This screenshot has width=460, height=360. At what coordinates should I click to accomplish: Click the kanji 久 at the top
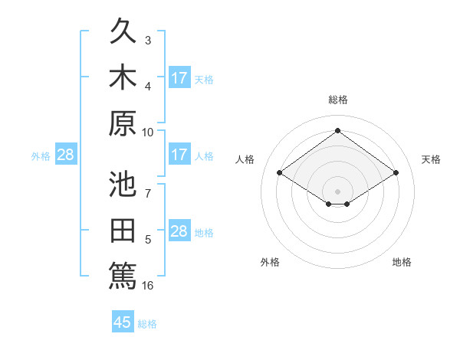click(x=123, y=31)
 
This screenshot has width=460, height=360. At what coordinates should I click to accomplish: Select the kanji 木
click(x=123, y=77)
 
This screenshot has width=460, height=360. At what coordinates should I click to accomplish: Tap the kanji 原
click(x=123, y=123)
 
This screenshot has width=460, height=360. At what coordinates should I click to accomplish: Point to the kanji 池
click(x=123, y=184)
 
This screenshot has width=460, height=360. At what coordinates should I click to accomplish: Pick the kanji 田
click(x=123, y=230)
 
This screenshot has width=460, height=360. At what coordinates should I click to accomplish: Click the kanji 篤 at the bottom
click(x=123, y=276)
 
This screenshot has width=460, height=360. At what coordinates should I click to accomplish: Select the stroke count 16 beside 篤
click(x=147, y=286)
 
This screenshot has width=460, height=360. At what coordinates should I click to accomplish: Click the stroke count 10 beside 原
click(x=147, y=133)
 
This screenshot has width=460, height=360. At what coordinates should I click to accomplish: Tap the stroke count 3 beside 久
click(x=148, y=41)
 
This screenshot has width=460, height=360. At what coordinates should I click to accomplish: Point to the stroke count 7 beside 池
click(x=148, y=194)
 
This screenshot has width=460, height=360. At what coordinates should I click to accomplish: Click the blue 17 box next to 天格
click(x=179, y=77)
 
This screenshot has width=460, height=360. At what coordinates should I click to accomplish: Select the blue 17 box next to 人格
click(x=179, y=153)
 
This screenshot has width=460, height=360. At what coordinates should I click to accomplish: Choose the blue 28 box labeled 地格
click(x=179, y=230)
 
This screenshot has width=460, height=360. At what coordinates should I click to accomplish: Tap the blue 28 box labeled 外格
click(x=66, y=153)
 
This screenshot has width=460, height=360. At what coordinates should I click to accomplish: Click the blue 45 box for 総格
click(x=123, y=321)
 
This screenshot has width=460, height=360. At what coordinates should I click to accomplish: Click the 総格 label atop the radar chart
click(x=338, y=100)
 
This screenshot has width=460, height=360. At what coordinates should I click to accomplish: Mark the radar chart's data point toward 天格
click(x=396, y=172)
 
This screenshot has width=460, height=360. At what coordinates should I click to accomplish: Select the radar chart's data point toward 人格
click(x=280, y=172)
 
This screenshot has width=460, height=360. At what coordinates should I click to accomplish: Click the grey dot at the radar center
click(x=337, y=191)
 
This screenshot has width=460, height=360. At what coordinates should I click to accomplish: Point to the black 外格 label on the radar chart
click(x=270, y=262)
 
